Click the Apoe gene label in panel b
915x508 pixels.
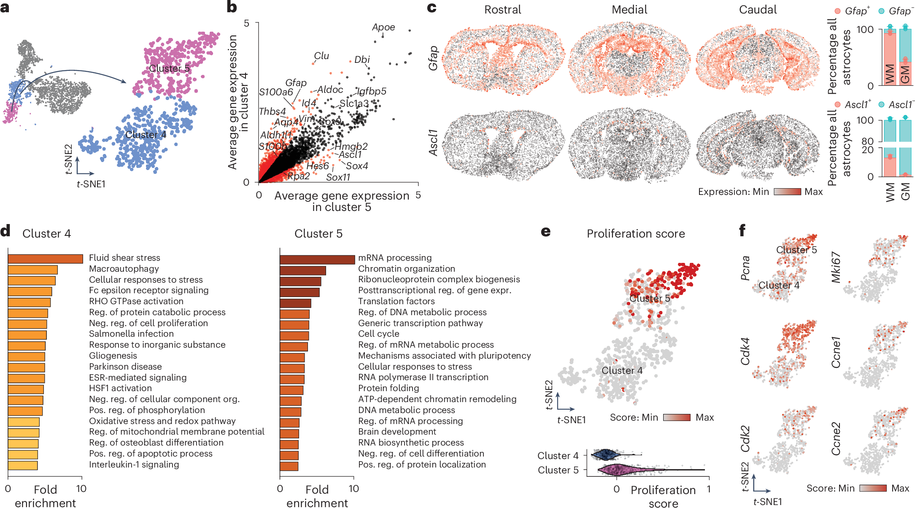(x=383, y=27)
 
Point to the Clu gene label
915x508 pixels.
(x=321, y=56)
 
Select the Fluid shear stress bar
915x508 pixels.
(x=45, y=259)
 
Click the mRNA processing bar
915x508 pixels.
(x=317, y=259)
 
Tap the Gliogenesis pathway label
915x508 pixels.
(x=113, y=356)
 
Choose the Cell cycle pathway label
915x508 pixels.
(x=378, y=334)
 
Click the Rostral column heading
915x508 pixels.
(x=502, y=10)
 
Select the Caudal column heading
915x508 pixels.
(x=758, y=10)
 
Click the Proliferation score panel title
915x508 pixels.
(x=636, y=234)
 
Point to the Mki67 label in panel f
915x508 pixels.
(x=836, y=267)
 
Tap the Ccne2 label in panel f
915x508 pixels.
(x=836, y=439)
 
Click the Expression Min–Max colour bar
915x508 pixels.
(x=787, y=192)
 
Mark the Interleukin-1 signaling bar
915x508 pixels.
(x=23, y=465)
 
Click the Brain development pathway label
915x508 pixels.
(x=397, y=432)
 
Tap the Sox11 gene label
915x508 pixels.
(x=338, y=177)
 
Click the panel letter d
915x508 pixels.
(x=5, y=231)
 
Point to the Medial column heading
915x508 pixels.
(x=629, y=10)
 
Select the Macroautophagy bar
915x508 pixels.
(x=32, y=270)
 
